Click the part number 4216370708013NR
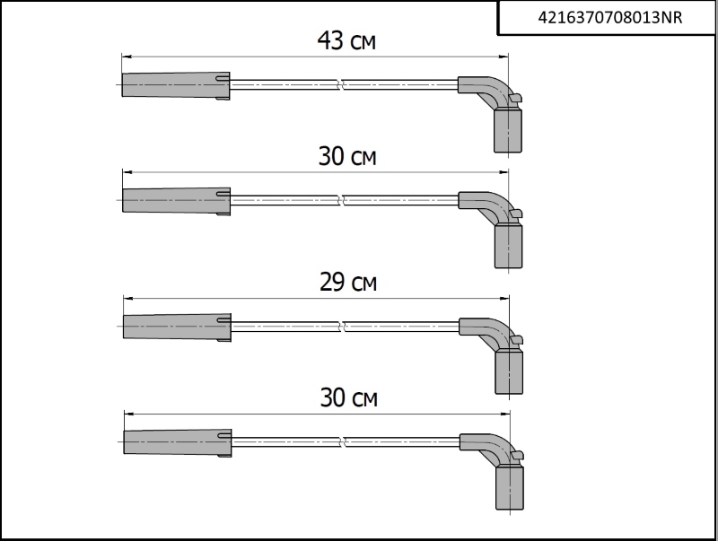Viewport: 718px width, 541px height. (x=608, y=17)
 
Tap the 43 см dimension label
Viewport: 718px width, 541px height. (x=346, y=41)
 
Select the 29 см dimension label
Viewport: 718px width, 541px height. (x=347, y=284)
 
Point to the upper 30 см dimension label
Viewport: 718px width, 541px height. (x=347, y=157)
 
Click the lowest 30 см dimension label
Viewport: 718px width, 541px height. (x=348, y=398)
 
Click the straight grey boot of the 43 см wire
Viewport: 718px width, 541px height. (x=175, y=85)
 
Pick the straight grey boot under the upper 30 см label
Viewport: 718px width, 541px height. (x=176, y=201)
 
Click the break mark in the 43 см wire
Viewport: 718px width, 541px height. (x=341, y=85)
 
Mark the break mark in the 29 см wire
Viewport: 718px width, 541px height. (x=342, y=327)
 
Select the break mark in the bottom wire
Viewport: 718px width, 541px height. (x=343, y=442)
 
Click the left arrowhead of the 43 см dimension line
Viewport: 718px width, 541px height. (x=126, y=56)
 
